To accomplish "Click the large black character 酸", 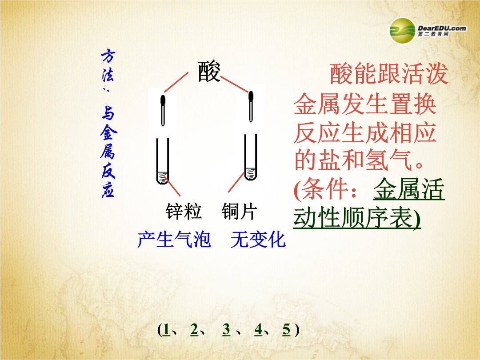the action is click(209, 72).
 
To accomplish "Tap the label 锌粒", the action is click(184, 211).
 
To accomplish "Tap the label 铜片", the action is click(239, 211).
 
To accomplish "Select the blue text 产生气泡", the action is click(174, 239).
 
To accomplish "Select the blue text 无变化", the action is click(258, 239).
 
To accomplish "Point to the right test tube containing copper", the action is click(251, 157).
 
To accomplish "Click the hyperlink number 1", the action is click(167, 330).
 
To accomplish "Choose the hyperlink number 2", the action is click(194, 330).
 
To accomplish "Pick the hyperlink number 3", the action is click(226, 330).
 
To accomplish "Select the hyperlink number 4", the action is click(258, 330).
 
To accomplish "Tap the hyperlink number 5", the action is click(287, 330).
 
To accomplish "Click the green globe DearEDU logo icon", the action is click(402, 31).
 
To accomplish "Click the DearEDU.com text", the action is click(442, 28).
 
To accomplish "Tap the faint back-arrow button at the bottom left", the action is click(86, 336).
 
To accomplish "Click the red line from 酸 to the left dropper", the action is click(176, 82).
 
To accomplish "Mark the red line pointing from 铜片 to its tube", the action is click(236, 183).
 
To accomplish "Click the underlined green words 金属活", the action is click(409, 189).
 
